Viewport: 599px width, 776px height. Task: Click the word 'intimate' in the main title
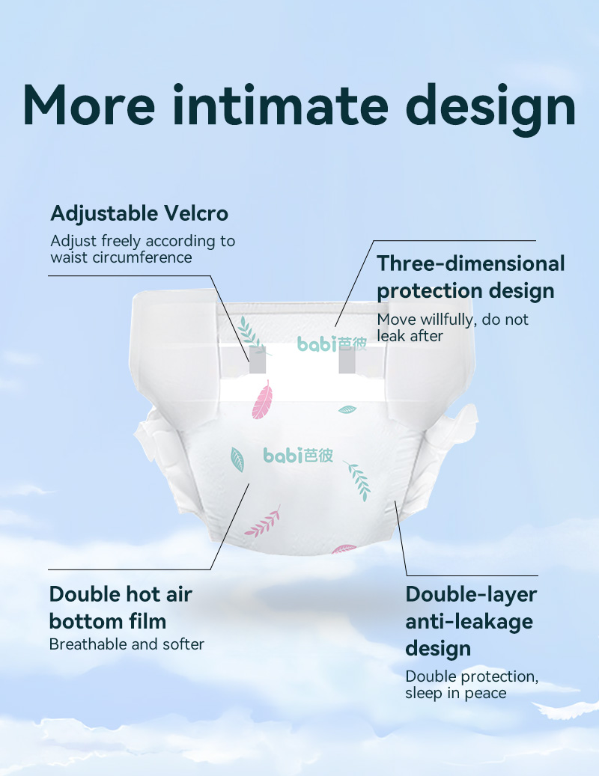click(x=280, y=105)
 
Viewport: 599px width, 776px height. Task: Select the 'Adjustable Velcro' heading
click(x=139, y=213)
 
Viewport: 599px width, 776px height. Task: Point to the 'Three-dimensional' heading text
click(x=471, y=263)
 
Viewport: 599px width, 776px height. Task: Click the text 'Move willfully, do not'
click(x=452, y=320)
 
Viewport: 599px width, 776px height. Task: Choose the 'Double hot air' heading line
click(x=121, y=594)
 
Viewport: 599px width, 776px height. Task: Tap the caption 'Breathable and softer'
click(x=127, y=644)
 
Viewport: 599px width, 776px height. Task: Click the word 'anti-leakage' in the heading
click(x=469, y=621)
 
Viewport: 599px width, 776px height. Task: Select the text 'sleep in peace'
click(x=456, y=693)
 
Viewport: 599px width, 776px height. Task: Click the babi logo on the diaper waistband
click(x=332, y=343)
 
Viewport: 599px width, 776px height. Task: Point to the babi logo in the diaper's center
click(x=298, y=455)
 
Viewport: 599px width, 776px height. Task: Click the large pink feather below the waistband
click(x=262, y=400)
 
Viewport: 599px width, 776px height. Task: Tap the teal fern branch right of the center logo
click(x=358, y=480)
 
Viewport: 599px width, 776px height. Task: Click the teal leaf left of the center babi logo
click(x=237, y=459)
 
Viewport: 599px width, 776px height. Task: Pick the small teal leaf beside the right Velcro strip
click(x=347, y=409)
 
